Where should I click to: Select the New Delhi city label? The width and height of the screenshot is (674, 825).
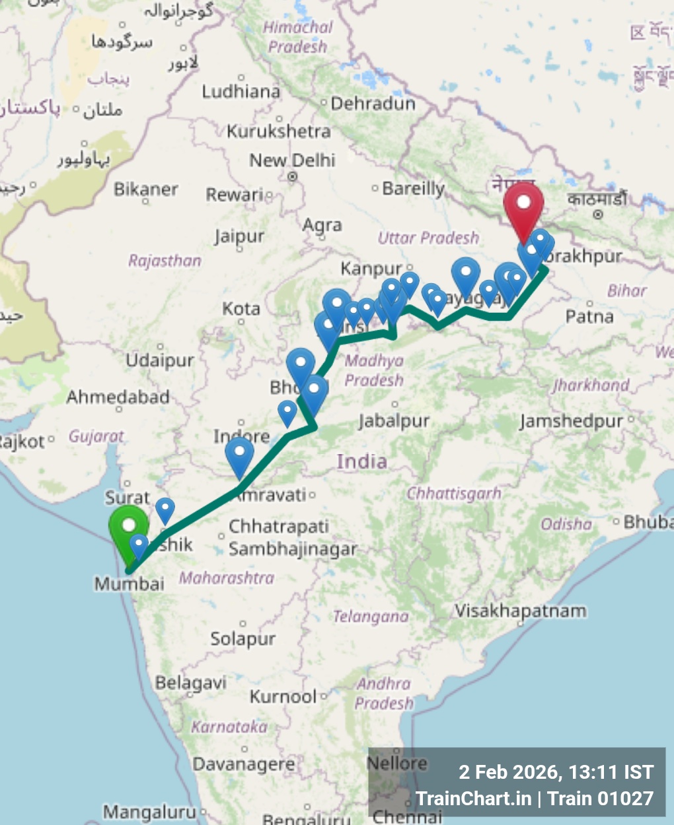pos(292,160)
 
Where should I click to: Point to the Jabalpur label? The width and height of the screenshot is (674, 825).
pos(394,420)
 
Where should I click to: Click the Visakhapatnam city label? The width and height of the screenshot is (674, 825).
pos(521,610)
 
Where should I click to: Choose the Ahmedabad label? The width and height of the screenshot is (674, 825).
pos(118,397)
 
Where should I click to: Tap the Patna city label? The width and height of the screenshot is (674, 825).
pos(589,317)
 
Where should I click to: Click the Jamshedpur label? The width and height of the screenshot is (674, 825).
pos(571,420)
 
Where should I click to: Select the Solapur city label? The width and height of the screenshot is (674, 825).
pos(243,638)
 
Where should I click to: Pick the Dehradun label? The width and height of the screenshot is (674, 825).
pos(373,104)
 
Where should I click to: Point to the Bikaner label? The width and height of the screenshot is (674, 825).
pos(145,189)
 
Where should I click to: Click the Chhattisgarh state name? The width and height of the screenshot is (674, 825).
pos(454,493)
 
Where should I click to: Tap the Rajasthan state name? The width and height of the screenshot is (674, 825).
pos(165,261)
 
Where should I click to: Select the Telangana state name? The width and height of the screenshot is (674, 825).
pos(370,616)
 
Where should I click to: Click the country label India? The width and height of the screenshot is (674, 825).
pos(361,461)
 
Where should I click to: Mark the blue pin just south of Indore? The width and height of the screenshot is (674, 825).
pos(239,455)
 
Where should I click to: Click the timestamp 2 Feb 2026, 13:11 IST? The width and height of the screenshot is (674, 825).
pos(556,772)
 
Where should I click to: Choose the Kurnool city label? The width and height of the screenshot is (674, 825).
pos(283,696)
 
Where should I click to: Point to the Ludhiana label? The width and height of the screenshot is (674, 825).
pos(241,91)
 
